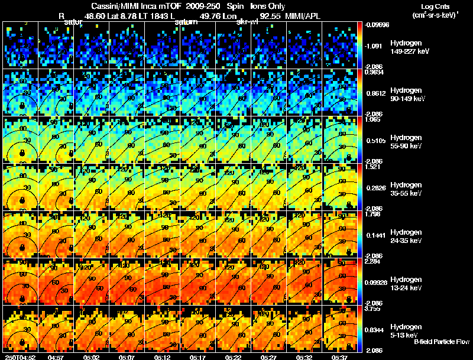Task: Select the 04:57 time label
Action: pos(56,356)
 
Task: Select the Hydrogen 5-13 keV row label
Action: pos(406,330)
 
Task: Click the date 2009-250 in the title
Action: pos(203,7)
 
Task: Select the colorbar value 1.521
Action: pos(372,167)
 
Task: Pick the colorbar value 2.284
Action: pos(372,261)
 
